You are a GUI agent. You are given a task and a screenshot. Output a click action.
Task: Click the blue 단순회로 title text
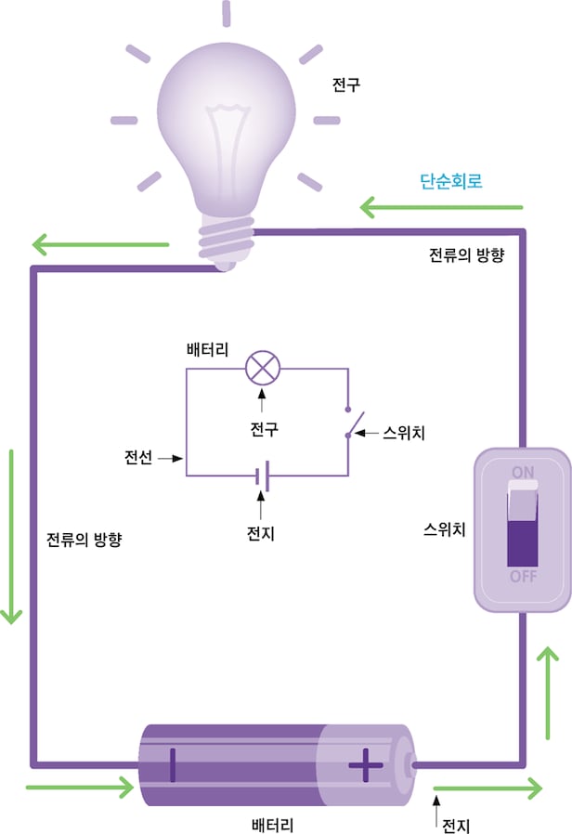[x=451, y=182]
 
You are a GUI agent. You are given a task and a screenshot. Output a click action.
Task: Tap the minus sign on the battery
[x=172, y=765]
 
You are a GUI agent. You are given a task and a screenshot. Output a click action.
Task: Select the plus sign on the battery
[x=365, y=766]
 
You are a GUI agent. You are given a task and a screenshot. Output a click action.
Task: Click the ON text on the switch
[x=523, y=470]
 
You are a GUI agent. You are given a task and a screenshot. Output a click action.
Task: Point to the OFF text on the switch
[x=523, y=576]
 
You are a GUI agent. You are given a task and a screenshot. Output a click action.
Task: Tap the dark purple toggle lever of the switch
[x=523, y=542]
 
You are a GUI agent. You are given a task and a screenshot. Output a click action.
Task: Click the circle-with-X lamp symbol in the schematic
[x=262, y=369]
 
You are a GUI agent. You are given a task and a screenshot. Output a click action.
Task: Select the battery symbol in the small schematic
[x=263, y=476]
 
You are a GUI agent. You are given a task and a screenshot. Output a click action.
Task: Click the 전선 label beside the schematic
[x=138, y=458]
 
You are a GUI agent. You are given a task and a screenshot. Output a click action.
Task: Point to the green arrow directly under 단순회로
[x=441, y=206]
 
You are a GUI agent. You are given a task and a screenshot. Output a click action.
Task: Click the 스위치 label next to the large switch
[x=444, y=529]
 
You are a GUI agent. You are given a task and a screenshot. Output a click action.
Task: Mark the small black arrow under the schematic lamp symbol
[x=262, y=399]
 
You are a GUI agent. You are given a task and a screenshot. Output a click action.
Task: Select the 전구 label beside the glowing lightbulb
[x=345, y=86]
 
